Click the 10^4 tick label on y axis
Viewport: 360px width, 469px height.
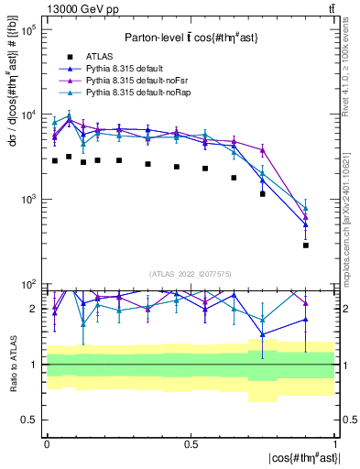[x=27, y=115]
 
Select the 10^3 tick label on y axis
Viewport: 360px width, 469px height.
[x=27, y=199]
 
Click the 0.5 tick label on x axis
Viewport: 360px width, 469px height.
[x=191, y=444]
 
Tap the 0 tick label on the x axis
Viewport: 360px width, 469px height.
[x=47, y=444]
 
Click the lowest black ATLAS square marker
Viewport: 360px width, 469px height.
[x=306, y=245]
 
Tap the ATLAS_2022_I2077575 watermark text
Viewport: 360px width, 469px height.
[x=191, y=274]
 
